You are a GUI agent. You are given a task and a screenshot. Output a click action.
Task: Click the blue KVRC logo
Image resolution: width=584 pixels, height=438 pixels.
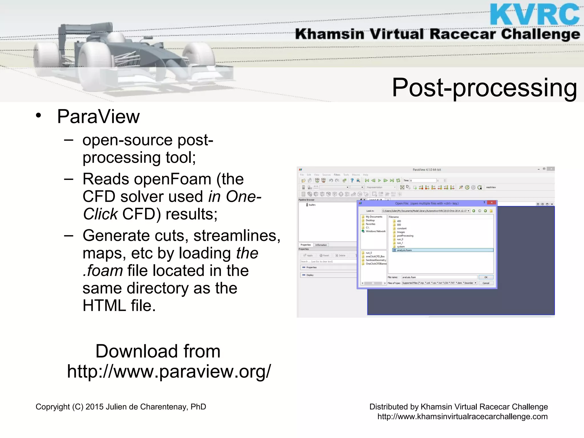pyautogui.click(x=535, y=14)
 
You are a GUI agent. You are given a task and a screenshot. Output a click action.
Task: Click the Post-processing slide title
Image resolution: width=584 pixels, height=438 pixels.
pyautogui.click(x=484, y=88)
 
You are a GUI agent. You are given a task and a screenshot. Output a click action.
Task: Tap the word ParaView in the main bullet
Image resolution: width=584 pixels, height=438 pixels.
pyautogui.click(x=98, y=117)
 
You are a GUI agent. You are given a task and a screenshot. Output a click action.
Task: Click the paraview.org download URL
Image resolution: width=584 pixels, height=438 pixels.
pyautogui.click(x=169, y=371)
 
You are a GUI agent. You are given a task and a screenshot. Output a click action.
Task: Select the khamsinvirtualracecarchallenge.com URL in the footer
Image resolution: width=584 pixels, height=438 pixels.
pyautogui.click(x=462, y=417)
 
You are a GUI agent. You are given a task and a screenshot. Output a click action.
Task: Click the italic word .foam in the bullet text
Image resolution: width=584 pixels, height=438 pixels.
pyautogui.click(x=103, y=271)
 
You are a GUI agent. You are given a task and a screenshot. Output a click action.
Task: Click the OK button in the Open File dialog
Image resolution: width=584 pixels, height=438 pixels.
pyautogui.click(x=486, y=277)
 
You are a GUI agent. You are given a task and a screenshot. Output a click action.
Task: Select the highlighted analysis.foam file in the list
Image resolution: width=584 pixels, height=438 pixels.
pyautogui.click(x=404, y=250)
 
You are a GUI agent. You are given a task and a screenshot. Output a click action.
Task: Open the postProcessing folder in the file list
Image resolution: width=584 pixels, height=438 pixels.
pyautogui.click(x=405, y=236)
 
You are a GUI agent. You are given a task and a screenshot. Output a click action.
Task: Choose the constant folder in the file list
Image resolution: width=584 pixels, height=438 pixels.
pyautogui.click(x=401, y=228)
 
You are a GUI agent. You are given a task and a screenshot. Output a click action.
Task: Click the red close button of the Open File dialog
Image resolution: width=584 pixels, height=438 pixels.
pyautogui.click(x=492, y=203)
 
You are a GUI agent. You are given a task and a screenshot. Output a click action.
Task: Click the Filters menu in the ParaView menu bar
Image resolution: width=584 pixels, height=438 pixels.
pyautogui.click(x=337, y=175)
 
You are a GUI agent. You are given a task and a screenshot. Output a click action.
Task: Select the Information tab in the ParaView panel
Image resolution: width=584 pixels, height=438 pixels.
pyautogui.click(x=321, y=245)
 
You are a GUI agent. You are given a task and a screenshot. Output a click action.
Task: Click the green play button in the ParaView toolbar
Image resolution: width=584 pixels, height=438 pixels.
pyautogui.click(x=379, y=181)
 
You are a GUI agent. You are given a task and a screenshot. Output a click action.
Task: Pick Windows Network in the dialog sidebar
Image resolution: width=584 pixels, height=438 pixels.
pyautogui.click(x=376, y=231)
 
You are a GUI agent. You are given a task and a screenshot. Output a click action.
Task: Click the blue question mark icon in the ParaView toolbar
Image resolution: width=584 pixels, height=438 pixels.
pyautogui.click(x=352, y=181)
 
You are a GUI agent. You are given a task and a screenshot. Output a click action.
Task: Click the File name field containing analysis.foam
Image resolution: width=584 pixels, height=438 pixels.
pyautogui.click(x=439, y=277)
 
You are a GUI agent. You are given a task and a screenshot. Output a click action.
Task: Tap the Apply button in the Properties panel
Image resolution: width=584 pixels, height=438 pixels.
pyautogui.click(x=308, y=255)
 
